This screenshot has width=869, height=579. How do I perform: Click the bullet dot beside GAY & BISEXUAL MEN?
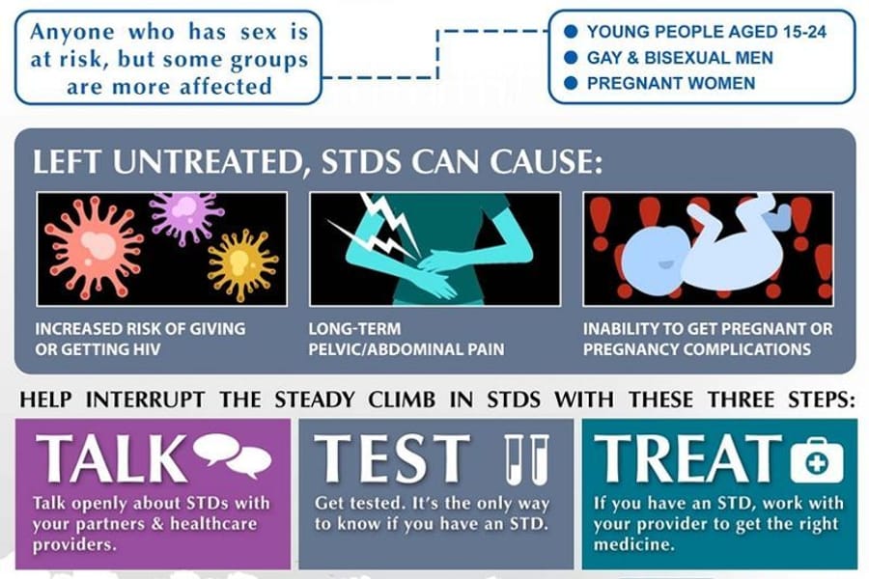tap(571, 57)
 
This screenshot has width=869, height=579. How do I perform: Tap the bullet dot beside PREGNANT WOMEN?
tap(571, 83)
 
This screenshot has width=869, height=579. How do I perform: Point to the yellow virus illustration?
tap(241, 264)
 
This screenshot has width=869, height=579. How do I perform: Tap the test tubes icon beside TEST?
tap(526, 459)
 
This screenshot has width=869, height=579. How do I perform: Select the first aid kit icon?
tap(816, 460)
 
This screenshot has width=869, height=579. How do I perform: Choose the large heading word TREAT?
tap(687, 457)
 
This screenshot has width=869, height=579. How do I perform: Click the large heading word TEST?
tap(392, 458)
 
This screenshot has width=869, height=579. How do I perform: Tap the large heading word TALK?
tap(111, 457)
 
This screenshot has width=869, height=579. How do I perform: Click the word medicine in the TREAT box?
tap(634, 543)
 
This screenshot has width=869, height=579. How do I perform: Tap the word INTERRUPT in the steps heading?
tap(145, 400)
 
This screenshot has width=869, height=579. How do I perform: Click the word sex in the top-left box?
tap(258, 32)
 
